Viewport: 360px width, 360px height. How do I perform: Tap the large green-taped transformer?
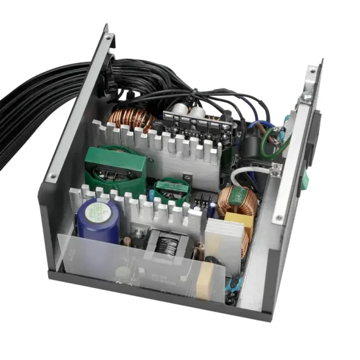tap(115, 169)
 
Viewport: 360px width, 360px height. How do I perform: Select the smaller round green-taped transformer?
tap(172, 189)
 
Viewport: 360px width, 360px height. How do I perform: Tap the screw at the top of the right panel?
tap(307, 96)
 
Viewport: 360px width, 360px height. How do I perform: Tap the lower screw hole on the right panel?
tap(279, 219)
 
